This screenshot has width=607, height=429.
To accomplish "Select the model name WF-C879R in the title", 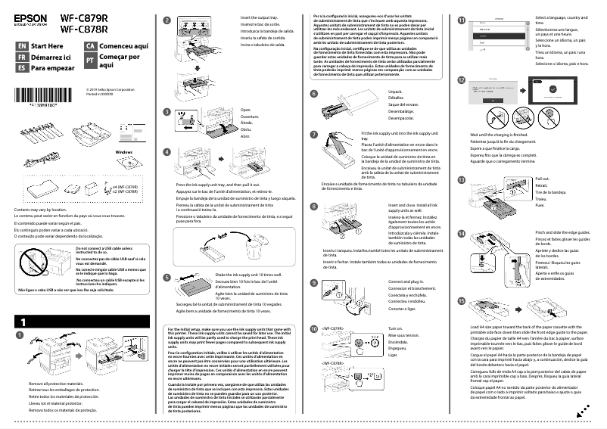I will click(84, 17).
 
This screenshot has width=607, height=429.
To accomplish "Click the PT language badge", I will click(89, 59).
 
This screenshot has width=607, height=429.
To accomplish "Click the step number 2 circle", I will click(167, 22).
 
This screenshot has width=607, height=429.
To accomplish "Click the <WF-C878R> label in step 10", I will click(333, 364).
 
